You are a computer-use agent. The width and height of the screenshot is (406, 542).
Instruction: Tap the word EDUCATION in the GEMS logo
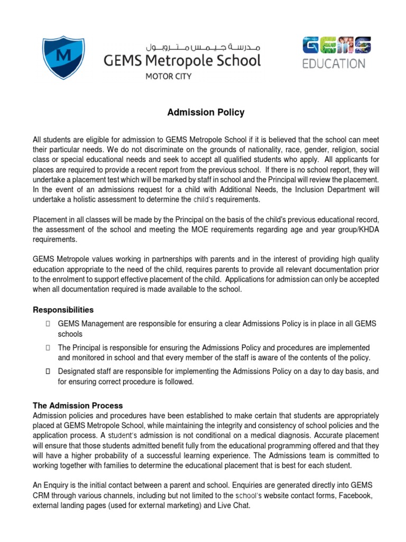(334, 64)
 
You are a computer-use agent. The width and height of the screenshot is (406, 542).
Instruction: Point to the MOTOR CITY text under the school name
(168, 76)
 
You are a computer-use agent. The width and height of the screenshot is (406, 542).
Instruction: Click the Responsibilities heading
(63, 310)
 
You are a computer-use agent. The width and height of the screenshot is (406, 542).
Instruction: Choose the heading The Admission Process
(78, 405)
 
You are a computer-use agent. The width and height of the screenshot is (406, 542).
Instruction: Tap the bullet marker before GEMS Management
(48, 323)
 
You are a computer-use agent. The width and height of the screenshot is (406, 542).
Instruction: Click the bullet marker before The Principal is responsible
(48, 348)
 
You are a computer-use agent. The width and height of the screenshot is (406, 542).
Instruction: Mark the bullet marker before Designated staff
(48, 372)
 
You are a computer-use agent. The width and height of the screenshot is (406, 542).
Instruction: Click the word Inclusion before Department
(311, 189)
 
